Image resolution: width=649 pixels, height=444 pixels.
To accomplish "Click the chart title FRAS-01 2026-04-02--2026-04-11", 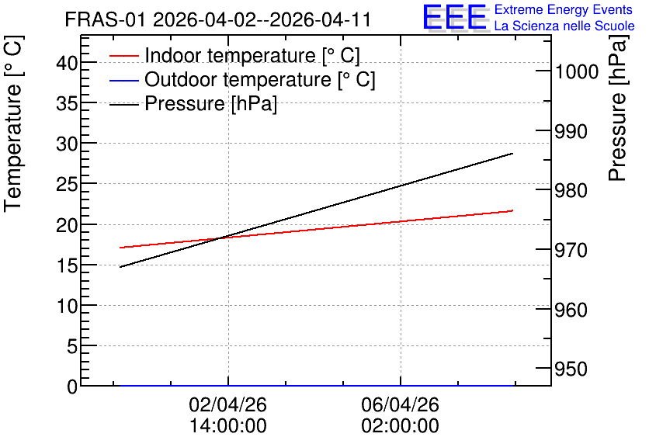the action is click(x=217, y=20).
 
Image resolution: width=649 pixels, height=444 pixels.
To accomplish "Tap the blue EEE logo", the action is click(x=454, y=17).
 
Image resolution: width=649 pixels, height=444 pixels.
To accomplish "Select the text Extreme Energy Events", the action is click(x=564, y=9).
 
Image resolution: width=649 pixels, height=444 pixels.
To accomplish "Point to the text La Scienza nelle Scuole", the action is click(x=564, y=26).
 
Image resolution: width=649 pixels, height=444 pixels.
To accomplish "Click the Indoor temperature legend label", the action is click(x=252, y=55).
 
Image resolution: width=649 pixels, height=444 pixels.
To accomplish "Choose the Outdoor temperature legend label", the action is click(x=259, y=79).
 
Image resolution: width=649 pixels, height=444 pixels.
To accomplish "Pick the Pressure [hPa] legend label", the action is click(x=210, y=103).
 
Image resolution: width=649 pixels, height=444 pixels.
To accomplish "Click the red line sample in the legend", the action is click(x=123, y=56).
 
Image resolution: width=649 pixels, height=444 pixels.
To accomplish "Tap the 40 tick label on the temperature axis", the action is click(x=67, y=64).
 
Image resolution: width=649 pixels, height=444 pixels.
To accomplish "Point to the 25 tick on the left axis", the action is click(x=67, y=185).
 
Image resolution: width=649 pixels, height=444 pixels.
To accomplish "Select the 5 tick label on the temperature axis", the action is click(x=72, y=346).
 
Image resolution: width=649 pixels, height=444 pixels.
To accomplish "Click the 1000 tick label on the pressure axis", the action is click(x=577, y=71).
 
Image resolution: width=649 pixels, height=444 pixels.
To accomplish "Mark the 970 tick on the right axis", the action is click(x=571, y=250).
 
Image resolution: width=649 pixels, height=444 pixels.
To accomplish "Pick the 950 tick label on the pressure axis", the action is click(x=571, y=369).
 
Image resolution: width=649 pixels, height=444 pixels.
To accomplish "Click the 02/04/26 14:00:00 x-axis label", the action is click(x=228, y=415).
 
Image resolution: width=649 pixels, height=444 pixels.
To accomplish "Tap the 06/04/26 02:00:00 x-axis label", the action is click(x=401, y=415).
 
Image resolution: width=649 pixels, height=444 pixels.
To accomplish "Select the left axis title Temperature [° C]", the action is click(x=13, y=124).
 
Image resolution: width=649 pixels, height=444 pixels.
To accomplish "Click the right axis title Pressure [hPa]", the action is click(x=617, y=108).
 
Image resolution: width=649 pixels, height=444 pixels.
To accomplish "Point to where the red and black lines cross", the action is click(x=219, y=238).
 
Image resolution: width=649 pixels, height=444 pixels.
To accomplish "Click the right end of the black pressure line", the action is click(x=513, y=154).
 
